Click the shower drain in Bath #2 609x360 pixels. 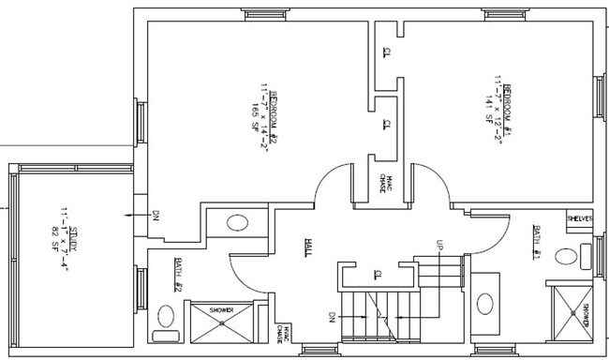(x=221, y=322)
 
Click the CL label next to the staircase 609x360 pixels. (x=376, y=274)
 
